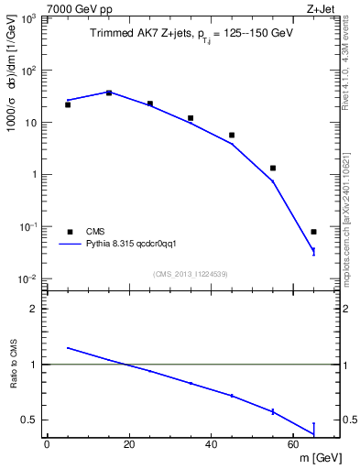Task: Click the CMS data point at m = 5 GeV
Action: click(x=68, y=104)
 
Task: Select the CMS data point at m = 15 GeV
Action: click(x=109, y=93)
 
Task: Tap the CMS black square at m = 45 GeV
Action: click(x=232, y=135)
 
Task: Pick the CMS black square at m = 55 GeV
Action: click(x=273, y=168)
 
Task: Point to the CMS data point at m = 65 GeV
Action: click(x=313, y=232)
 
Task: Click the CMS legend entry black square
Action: click(x=68, y=232)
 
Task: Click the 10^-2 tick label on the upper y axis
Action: click(x=27, y=278)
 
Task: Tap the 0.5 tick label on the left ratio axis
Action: click(x=28, y=420)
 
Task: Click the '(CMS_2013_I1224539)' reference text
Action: click(x=191, y=273)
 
